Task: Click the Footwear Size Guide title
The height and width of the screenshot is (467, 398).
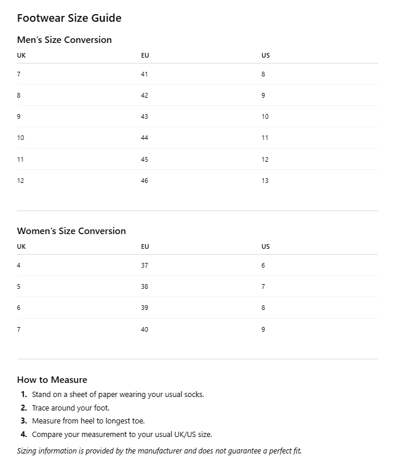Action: tap(69, 18)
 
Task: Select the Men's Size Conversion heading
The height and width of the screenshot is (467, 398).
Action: tap(64, 40)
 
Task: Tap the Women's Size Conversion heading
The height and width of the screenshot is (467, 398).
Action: tap(71, 231)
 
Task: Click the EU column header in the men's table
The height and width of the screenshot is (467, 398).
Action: tap(145, 55)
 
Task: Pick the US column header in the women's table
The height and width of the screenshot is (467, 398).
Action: tap(266, 246)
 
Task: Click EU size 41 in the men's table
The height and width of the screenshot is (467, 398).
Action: tap(145, 74)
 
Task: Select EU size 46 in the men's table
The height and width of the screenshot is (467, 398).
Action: tap(145, 181)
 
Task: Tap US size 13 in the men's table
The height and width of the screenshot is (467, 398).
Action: tap(265, 181)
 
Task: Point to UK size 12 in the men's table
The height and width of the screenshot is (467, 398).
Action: tap(21, 181)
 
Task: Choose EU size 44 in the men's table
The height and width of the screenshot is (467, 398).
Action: tap(145, 138)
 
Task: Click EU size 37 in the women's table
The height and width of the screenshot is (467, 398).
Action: tap(145, 265)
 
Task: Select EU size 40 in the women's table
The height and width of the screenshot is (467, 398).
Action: tap(145, 329)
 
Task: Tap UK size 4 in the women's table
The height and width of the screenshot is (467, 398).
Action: tap(19, 265)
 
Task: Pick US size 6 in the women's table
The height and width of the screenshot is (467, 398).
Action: tap(263, 265)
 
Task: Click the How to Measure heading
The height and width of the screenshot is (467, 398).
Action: tap(52, 379)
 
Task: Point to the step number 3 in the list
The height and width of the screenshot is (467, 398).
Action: tap(24, 421)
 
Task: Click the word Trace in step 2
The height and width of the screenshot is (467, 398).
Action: tap(41, 408)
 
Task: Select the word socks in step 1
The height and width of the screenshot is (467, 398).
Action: tap(193, 394)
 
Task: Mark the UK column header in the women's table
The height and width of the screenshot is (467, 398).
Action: tap(21, 246)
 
